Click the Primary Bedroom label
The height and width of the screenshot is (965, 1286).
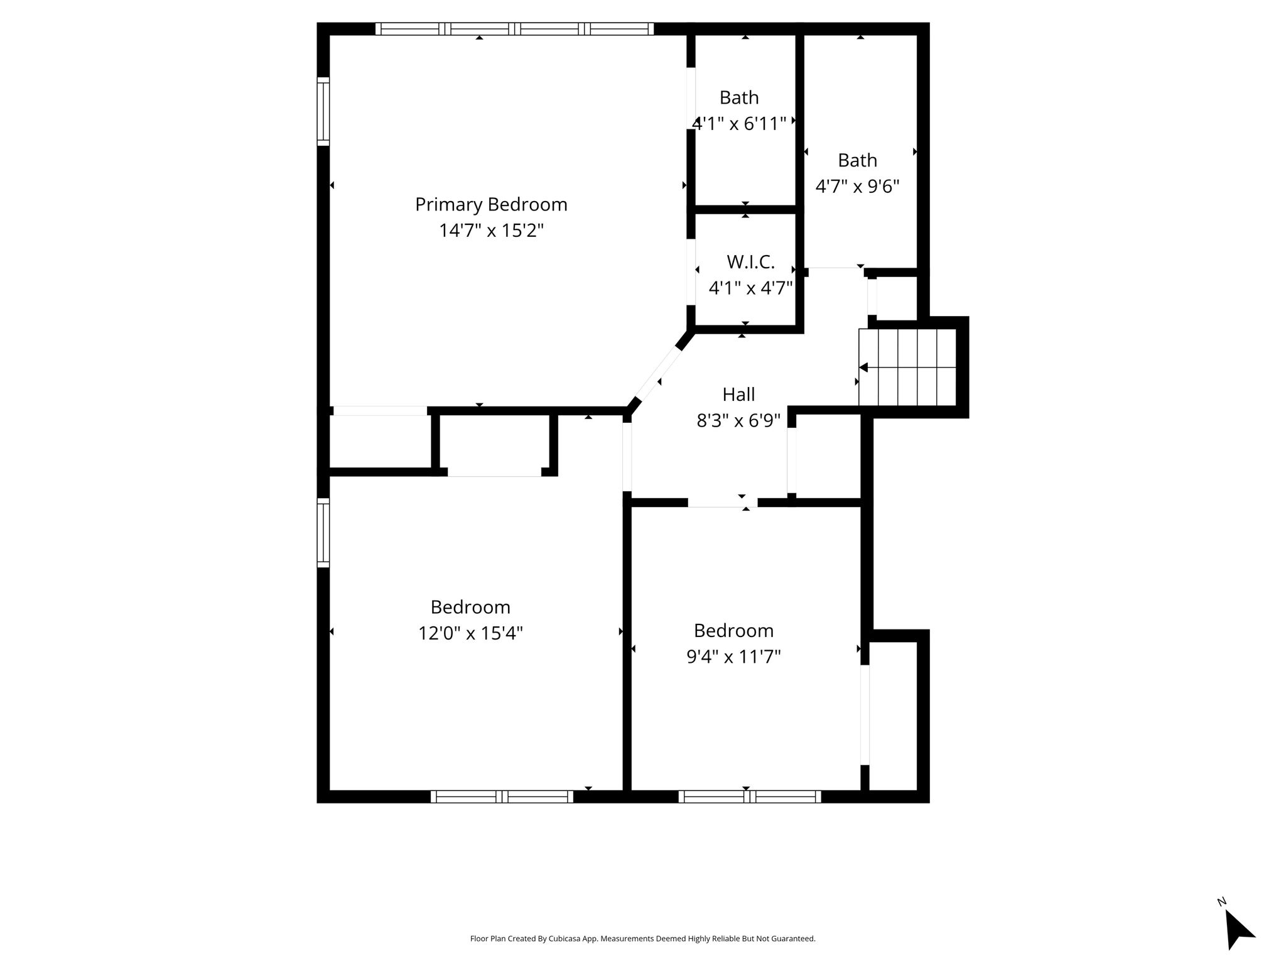(491, 205)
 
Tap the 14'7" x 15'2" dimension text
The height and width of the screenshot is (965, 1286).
(491, 231)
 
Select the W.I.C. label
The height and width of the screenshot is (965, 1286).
(750, 262)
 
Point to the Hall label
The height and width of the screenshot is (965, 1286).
(738, 395)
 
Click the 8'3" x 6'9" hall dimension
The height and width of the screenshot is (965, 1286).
(738, 420)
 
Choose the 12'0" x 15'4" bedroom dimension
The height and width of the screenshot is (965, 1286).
(470, 633)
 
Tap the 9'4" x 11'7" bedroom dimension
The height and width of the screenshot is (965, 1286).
(733, 657)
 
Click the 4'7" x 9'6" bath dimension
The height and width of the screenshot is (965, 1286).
(857, 187)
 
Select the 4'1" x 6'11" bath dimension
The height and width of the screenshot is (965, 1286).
(739, 124)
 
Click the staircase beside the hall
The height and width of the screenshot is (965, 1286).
(907, 368)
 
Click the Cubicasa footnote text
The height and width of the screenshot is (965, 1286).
(642, 939)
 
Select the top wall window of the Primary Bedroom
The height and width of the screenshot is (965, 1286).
(515, 29)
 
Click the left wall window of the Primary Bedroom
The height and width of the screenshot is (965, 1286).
(323, 111)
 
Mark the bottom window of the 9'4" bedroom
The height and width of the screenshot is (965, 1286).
(750, 797)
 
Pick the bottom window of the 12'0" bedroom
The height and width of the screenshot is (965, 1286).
(502, 797)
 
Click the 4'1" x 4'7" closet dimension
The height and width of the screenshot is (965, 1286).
(750, 288)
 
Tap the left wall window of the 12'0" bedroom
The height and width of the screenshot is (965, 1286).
(323, 533)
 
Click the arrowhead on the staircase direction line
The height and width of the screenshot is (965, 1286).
(863, 368)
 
